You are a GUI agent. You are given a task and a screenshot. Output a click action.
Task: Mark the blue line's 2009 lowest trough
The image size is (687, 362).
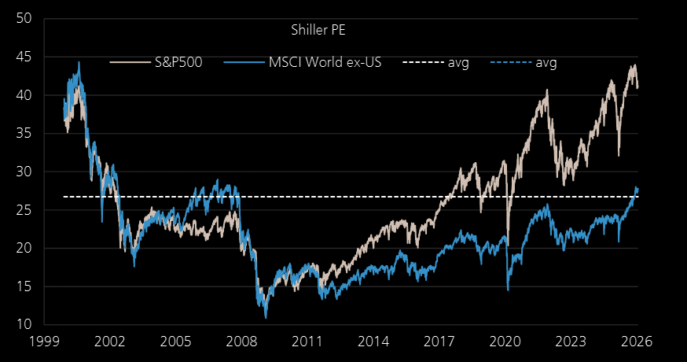[x=266, y=317]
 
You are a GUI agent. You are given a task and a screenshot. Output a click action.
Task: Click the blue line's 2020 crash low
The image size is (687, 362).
[x=508, y=290]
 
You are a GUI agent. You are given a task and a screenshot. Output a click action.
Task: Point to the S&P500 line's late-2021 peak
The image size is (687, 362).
[x=547, y=90]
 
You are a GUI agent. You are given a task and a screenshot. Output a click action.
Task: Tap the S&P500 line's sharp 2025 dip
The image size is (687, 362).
[x=619, y=155]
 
